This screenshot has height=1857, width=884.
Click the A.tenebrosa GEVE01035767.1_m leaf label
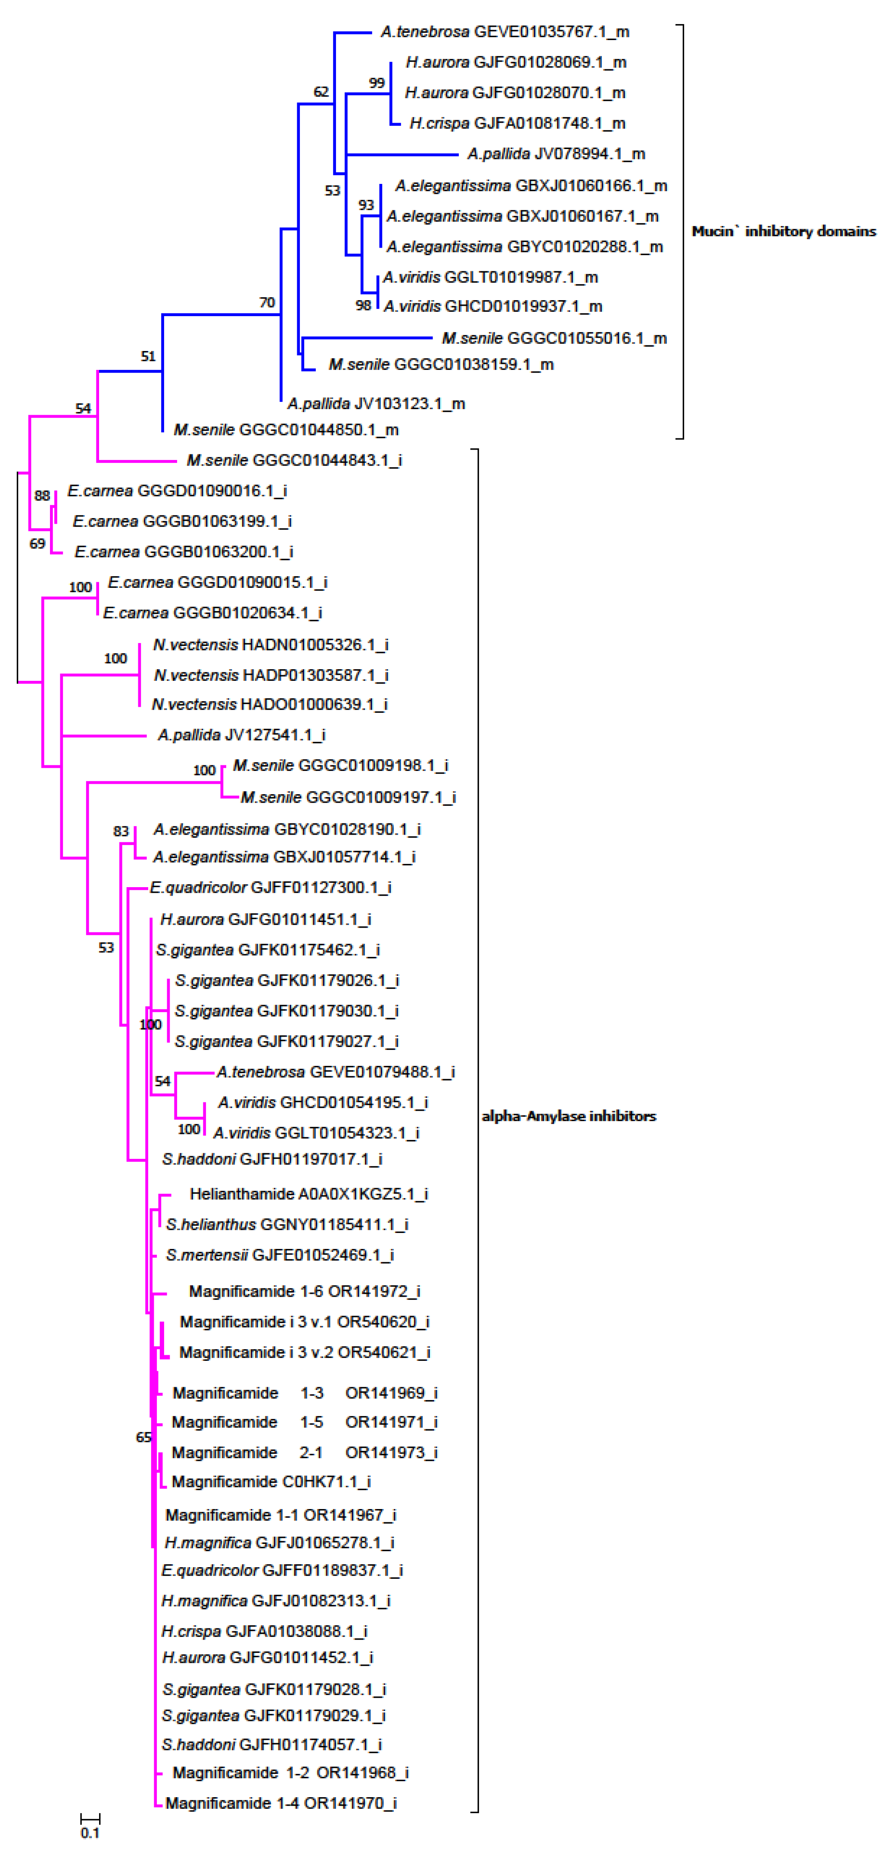pyautogui.click(x=505, y=32)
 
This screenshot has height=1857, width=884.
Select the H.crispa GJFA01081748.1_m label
pyautogui.click(x=517, y=123)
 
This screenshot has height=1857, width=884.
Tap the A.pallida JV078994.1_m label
pyautogui.click(x=556, y=154)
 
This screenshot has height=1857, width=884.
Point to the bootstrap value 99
pyautogui.click(x=377, y=83)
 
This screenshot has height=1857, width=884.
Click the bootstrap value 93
pyautogui.click(x=366, y=205)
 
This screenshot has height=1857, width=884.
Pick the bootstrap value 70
pyautogui.click(x=267, y=303)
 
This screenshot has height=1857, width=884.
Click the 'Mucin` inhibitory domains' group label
pyautogui.click(x=784, y=231)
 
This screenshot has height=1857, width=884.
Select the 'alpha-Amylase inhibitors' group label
pyautogui.click(x=569, y=1116)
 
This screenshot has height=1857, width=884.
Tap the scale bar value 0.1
pyautogui.click(x=90, y=1832)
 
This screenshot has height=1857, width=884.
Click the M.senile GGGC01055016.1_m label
pyautogui.click(x=554, y=338)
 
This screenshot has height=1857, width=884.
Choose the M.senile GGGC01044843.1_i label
pyautogui.click(x=294, y=460)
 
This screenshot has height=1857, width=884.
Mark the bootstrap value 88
pyautogui.click(x=42, y=496)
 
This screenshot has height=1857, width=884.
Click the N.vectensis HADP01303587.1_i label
pyautogui.click(x=271, y=675)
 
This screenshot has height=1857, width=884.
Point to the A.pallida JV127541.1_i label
pyautogui.click(x=242, y=735)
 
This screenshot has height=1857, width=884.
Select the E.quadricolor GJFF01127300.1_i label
pyautogui.click(x=271, y=888)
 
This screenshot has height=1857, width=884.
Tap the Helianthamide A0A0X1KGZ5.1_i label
pyautogui.click(x=308, y=1194)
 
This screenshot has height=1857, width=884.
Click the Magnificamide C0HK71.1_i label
pyautogui.click(x=271, y=1481)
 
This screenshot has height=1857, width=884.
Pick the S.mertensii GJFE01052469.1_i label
pyautogui.click(x=280, y=1255)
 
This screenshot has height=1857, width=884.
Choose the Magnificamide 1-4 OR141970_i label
pyautogui.click(x=281, y=1803)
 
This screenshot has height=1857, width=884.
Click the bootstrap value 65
pyautogui.click(x=143, y=1438)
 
